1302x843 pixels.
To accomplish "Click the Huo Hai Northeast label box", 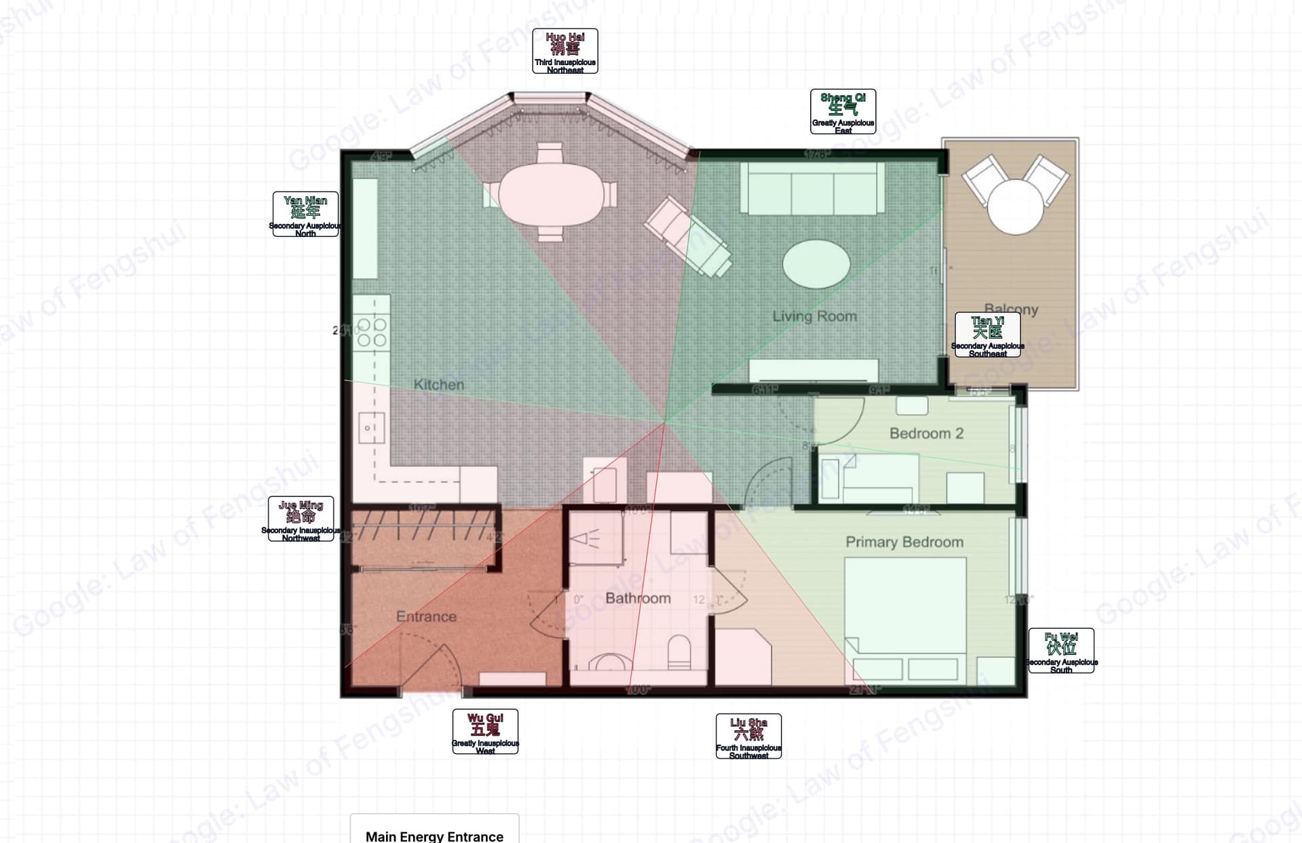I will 564,51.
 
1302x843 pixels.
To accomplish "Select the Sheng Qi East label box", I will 843,111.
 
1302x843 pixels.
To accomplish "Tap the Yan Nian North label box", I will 305,214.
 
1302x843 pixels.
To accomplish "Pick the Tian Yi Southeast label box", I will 987,335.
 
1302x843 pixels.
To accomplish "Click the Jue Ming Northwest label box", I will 301,519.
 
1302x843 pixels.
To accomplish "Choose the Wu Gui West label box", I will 485,732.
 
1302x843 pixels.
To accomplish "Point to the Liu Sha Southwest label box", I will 748,736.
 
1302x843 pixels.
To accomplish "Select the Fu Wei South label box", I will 1061,651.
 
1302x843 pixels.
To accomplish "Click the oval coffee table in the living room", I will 816,263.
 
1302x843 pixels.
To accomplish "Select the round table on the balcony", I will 1015,206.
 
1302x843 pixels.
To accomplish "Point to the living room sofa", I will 812,188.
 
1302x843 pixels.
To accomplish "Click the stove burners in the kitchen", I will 371,332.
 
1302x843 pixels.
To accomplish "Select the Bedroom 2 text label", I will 926,433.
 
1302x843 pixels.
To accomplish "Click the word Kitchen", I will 439,384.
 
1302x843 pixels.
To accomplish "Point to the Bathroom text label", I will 638,598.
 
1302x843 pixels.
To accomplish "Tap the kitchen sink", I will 370,428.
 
